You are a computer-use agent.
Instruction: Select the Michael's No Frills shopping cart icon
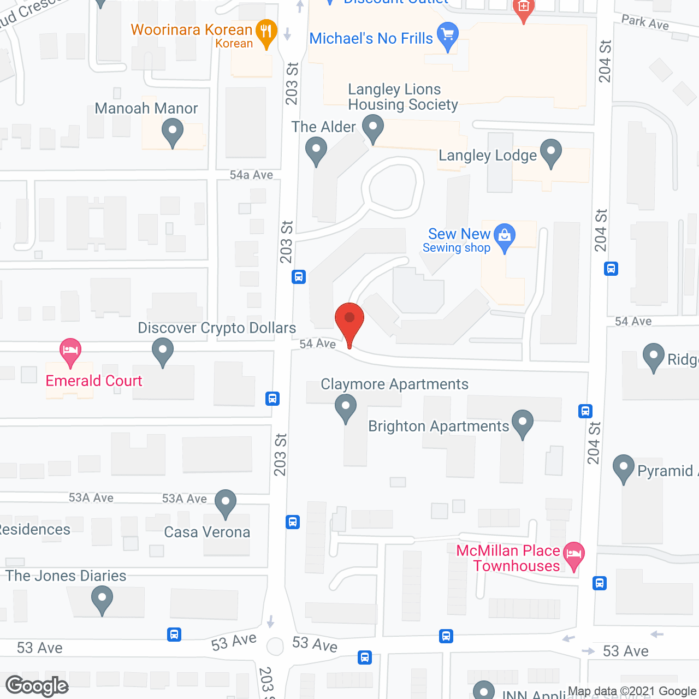[448, 34]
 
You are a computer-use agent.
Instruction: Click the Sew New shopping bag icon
[505, 236]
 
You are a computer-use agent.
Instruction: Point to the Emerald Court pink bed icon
[70, 350]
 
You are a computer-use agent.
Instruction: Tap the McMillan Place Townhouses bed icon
[573, 554]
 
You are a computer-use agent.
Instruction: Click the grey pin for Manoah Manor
[173, 133]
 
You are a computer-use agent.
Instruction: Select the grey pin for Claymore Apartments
[345, 407]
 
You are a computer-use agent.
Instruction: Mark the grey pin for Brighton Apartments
[523, 423]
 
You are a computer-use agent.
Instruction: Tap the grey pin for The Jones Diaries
[102, 599]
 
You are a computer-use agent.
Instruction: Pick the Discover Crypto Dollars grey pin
[162, 351]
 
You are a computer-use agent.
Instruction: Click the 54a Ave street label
[251, 175]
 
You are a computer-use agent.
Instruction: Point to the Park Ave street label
[645, 22]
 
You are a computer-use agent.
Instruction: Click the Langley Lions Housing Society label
[402, 97]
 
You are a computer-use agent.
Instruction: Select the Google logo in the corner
[37, 686]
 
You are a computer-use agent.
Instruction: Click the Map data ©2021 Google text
[632, 691]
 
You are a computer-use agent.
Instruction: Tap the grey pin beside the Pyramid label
[623, 467]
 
